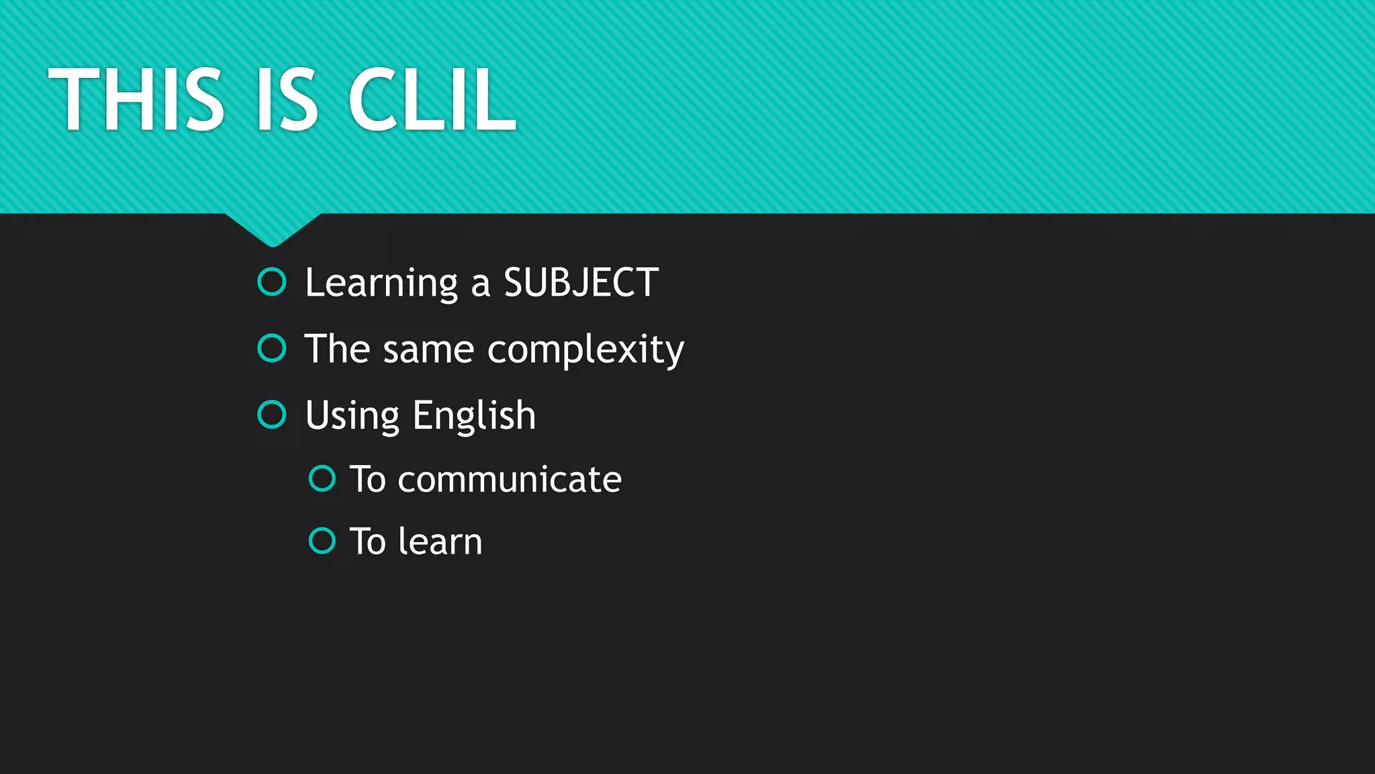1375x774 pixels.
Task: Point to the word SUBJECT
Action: (x=581, y=283)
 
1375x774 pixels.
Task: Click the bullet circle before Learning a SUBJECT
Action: (x=272, y=282)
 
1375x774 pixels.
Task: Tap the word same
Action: (x=428, y=350)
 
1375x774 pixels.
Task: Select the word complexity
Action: (x=585, y=350)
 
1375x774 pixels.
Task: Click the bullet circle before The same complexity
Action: (x=272, y=349)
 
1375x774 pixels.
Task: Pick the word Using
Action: (x=352, y=416)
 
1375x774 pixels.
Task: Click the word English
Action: (x=474, y=416)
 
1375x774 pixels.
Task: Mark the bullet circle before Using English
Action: (x=272, y=415)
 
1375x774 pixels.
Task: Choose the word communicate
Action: (x=510, y=480)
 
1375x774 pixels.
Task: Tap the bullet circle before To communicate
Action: (x=322, y=478)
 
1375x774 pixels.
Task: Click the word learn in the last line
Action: (x=440, y=542)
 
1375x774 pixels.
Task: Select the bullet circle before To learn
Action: (x=322, y=540)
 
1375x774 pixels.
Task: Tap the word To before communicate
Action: (x=368, y=480)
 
